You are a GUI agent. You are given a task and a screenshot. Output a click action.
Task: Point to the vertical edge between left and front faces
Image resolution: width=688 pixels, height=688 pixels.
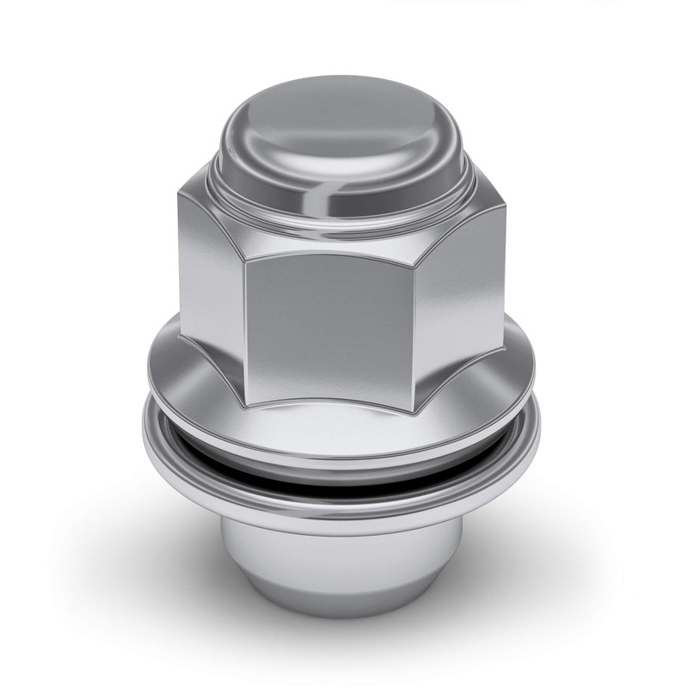pyautogui.click(x=244, y=318)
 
